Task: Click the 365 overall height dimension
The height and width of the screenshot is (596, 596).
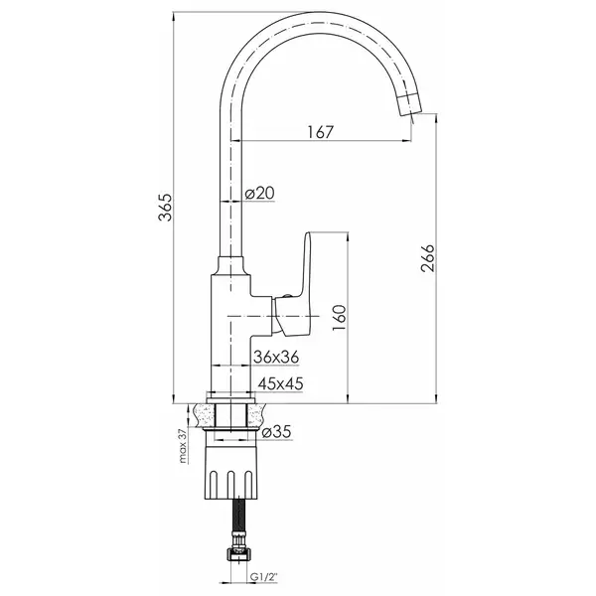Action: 166,208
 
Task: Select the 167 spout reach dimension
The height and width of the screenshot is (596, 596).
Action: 320,132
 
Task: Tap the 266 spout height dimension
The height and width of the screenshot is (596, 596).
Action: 427,258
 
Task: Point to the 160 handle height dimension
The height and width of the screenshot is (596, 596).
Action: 340,318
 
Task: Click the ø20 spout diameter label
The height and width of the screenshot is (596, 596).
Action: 259,193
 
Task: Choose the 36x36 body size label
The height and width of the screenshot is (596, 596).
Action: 276,358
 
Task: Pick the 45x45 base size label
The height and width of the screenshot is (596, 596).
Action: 280,383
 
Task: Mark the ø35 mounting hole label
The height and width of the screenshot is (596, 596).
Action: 276,432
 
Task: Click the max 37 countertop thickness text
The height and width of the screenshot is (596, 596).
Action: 183,446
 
